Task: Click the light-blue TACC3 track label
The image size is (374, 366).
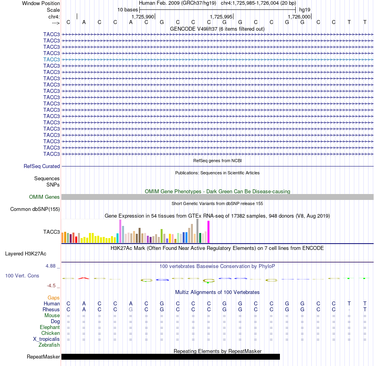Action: [52, 59]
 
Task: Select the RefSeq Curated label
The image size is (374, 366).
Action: [42, 166]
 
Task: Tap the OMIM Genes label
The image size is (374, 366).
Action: [44, 197]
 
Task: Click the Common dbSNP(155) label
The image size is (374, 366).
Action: [35, 209]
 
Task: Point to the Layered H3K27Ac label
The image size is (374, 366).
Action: [26, 254]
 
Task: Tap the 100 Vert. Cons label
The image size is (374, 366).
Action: [22, 275]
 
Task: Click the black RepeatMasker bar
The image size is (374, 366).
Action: [170, 357]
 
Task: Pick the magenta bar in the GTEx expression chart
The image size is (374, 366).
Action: [209, 232]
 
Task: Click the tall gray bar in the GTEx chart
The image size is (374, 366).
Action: [198, 231]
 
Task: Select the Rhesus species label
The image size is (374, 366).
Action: [51, 309]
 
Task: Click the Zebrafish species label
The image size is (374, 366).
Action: [49, 345]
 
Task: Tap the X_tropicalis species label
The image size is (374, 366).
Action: [46, 339]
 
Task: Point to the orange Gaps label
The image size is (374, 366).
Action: [54, 298]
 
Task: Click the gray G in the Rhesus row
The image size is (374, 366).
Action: [131, 309]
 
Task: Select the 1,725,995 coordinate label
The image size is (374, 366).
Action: [221, 17]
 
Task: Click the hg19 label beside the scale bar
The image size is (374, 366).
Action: [305, 10]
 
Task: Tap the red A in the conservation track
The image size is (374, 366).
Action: [84, 278]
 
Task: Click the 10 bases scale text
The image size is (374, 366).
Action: [128, 10]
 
